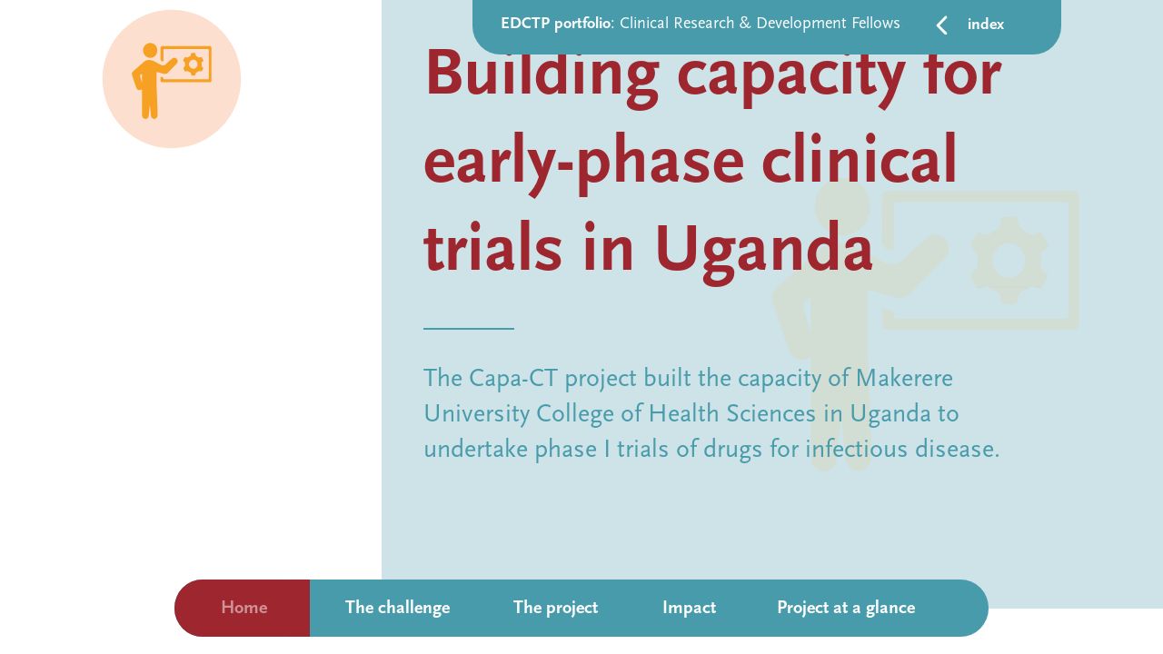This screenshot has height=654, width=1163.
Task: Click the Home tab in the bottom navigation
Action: coord(244,608)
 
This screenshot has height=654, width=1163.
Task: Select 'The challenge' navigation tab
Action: coord(397,608)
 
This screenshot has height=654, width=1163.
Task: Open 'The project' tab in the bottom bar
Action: coord(555,608)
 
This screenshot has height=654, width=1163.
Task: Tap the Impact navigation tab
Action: coord(689,608)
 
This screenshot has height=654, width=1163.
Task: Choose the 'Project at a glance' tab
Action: coord(845,608)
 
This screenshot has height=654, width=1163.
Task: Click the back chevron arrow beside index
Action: coord(942,25)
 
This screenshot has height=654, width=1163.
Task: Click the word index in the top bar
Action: coord(986,25)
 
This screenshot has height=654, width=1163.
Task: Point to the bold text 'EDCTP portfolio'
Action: coord(555,24)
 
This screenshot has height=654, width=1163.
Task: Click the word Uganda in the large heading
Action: coord(763,249)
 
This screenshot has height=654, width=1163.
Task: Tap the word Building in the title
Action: coord(542,74)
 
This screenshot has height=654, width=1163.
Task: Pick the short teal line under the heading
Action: coord(469,328)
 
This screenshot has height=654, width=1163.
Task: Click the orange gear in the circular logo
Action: coord(193,64)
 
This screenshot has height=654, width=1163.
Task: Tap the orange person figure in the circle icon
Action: coord(149,82)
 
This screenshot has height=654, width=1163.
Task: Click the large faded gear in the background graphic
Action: coord(1009,261)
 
